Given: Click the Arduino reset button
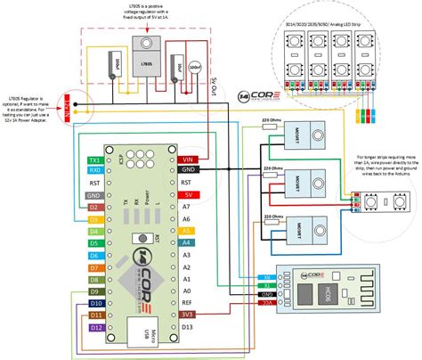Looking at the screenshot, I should click(139, 239).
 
